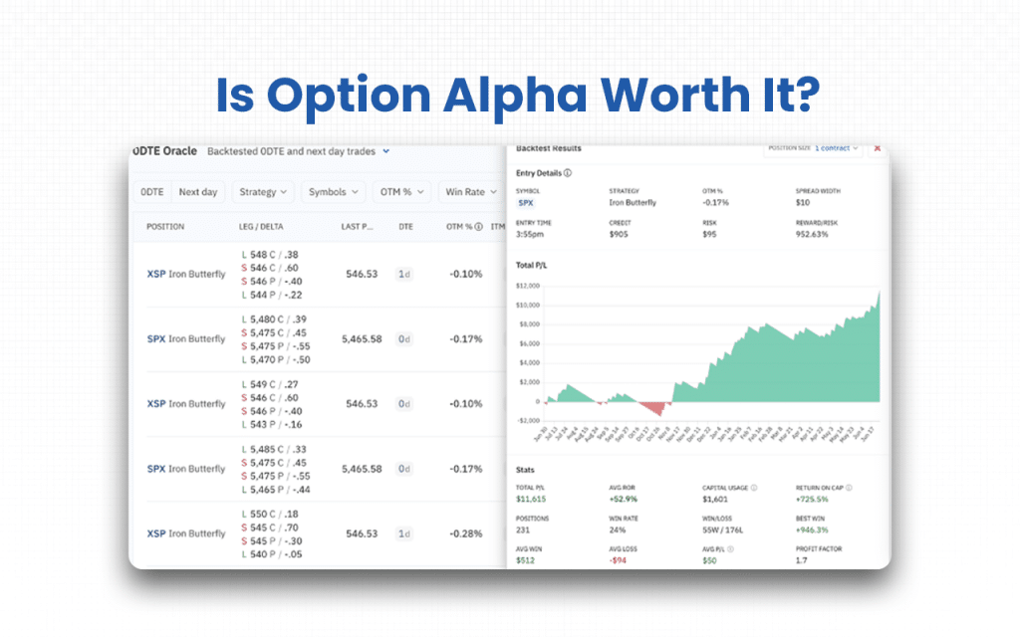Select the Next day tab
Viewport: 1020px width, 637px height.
(x=197, y=192)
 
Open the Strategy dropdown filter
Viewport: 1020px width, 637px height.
(x=263, y=192)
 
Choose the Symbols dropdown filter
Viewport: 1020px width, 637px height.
(x=333, y=192)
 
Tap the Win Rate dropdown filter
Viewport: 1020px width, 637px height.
(x=470, y=192)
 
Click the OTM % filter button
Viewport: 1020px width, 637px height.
(x=403, y=192)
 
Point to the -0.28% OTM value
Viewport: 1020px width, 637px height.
(x=464, y=533)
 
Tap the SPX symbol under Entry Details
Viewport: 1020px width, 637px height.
(x=525, y=202)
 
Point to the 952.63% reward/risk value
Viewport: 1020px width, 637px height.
(x=813, y=236)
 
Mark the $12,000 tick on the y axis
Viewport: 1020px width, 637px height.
(x=527, y=286)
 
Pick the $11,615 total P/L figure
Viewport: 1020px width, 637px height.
(x=532, y=499)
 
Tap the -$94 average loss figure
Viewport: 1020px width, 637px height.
(x=619, y=559)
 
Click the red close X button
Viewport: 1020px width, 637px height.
(x=878, y=148)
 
